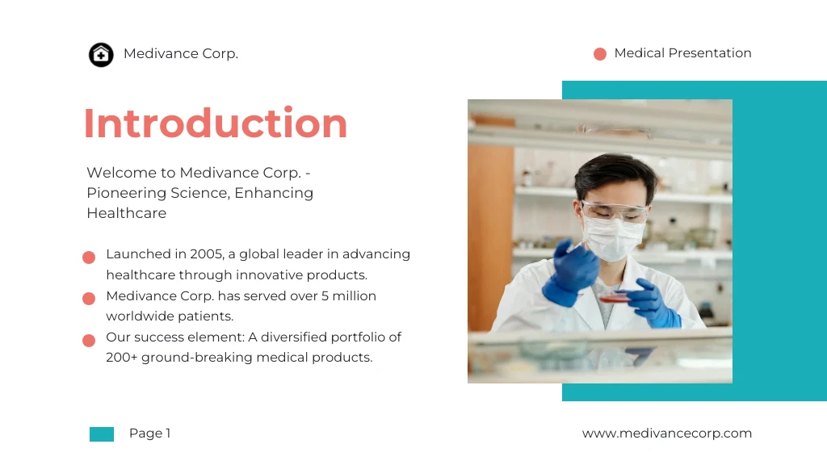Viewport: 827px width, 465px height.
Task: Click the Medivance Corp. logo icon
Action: coord(101,55)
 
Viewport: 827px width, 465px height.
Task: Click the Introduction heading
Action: coord(216,124)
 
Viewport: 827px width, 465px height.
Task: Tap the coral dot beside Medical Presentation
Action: coord(600,54)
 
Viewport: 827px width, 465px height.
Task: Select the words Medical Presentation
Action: coord(682,53)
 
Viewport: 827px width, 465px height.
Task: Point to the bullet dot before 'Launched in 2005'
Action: coord(89,258)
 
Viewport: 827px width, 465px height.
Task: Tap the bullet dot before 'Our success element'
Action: coord(89,341)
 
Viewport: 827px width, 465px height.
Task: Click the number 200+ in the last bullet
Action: coord(121,358)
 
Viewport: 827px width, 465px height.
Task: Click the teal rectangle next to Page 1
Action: coord(102,434)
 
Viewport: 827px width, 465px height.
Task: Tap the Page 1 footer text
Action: coord(149,434)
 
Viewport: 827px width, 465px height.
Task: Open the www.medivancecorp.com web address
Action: coord(666,434)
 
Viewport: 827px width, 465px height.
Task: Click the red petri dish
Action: coord(615,297)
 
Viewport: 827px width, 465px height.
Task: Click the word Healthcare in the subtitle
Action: coord(126,213)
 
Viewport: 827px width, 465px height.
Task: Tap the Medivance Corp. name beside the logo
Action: coord(181,54)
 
